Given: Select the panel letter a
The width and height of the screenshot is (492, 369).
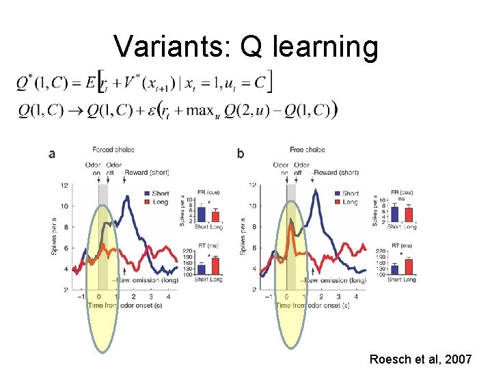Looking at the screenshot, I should click(x=52, y=154).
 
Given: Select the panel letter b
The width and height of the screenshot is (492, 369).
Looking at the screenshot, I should click(x=241, y=154).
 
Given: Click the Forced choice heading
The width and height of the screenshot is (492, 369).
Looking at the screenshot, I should click(x=113, y=150).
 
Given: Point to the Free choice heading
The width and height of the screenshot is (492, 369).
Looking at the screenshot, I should click(x=307, y=150).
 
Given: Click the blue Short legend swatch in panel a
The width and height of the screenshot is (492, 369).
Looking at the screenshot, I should click(x=148, y=193).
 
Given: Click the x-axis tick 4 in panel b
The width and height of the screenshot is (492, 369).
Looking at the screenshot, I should click(x=357, y=297).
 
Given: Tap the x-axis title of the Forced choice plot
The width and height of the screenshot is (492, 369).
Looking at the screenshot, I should click(x=124, y=305).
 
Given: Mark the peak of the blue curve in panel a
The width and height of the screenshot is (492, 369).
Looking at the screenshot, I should click(x=127, y=197).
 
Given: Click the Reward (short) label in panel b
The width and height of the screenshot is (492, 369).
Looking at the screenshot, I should click(x=337, y=172).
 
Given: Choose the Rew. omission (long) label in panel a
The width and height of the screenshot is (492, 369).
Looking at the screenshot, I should click(x=141, y=280).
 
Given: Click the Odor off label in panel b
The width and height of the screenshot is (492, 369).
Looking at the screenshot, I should click(x=301, y=168).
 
